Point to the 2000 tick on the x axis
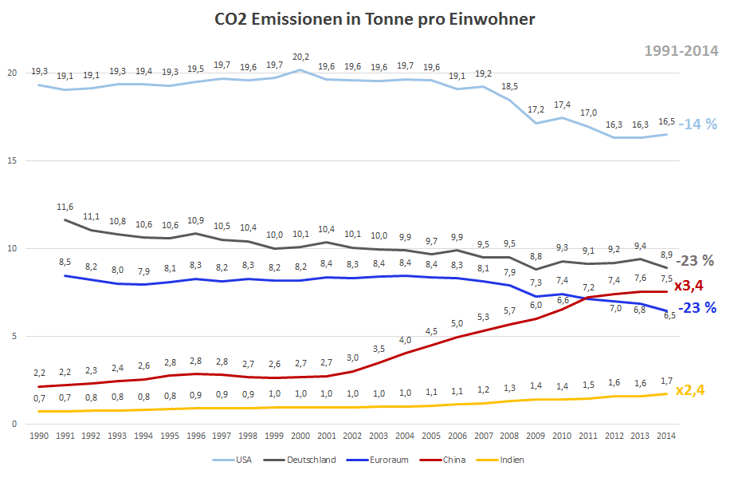click(300, 437)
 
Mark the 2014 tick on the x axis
click(665, 437)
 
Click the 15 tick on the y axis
click(13, 160)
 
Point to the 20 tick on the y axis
click(13, 73)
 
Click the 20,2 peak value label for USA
click(300, 57)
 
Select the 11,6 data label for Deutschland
click(65, 207)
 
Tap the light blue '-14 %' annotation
click(697, 124)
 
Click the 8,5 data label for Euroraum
click(65, 262)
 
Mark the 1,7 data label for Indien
click(665, 381)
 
